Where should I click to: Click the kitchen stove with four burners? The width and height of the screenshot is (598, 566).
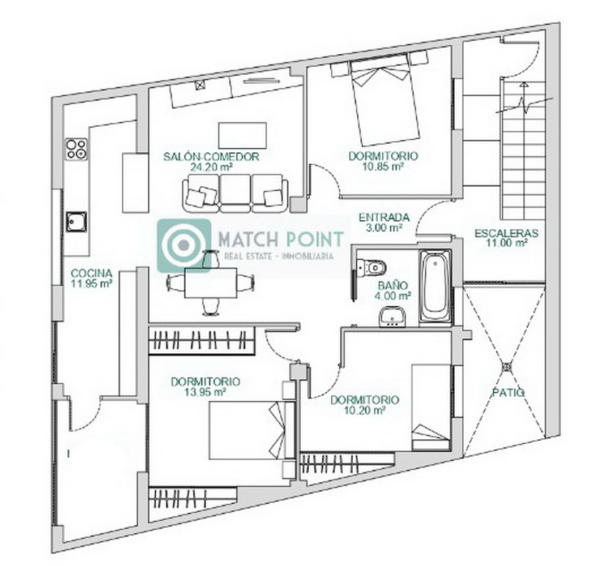(x=76, y=149)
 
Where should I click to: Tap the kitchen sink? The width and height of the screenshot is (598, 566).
(x=76, y=222)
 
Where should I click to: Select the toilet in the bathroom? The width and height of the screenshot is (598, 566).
(x=371, y=267)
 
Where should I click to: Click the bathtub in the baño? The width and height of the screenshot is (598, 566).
(x=435, y=288)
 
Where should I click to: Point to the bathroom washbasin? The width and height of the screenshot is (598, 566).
(x=392, y=318)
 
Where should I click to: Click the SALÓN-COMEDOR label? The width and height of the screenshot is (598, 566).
(x=211, y=157)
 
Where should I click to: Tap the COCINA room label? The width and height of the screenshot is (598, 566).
(x=92, y=273)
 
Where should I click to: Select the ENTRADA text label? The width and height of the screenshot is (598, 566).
(x=384, y=218)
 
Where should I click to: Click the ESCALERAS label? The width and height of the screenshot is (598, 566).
(x=506, y=233)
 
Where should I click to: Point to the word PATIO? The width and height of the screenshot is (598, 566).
(x=508, y=392)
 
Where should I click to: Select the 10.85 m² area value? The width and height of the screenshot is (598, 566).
(x=383, y=166)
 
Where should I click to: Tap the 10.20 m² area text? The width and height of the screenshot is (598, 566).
(x=365, y=410)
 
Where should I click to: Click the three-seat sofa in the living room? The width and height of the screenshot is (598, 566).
(x=235, y=194)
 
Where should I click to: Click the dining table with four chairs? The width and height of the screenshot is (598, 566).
(x=211, y=283)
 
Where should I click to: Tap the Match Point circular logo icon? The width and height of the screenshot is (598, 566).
(x=184, y=245)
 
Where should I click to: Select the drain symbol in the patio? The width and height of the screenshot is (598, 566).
(x=506, y=367)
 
